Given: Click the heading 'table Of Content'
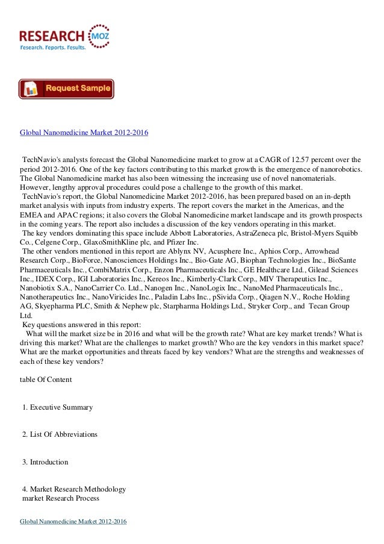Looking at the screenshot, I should click(46, 380).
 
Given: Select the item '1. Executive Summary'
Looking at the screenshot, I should click(57, 407).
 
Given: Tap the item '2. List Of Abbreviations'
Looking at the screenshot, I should click(60, 434).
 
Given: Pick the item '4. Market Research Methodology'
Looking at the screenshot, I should click(74, 489).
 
